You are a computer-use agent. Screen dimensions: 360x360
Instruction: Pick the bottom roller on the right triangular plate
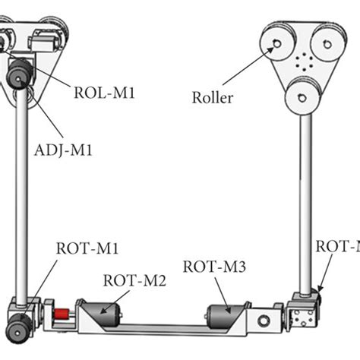pyautogui.click(x=302, y=95)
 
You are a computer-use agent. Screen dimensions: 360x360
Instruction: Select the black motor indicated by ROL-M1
pyautogui.click(x=20, y=75)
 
